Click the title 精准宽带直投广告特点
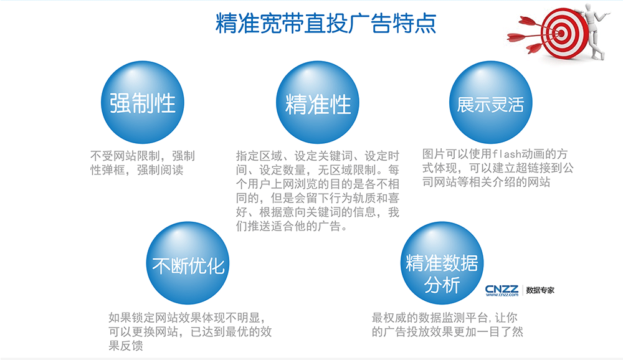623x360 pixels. tap(326, 23)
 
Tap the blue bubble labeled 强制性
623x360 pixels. tap(143, 102)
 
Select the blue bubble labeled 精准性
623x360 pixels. tap(318, 102)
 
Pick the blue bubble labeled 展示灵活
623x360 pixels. tap(491, 102)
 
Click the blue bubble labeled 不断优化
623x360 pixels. tap(188, 263)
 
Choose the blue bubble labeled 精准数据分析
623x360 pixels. tap(442, 263)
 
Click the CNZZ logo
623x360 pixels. tap(502, 290)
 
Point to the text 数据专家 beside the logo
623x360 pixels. tap(540, 290)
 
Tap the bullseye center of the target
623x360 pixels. tap(561, 34)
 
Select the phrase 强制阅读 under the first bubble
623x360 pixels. tap(160, 170)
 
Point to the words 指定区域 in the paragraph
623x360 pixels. tap(259, 156)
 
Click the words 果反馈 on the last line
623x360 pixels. tap(126, 346)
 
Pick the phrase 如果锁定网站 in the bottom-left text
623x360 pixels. tap(143, 318)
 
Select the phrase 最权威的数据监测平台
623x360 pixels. tap(430, 318)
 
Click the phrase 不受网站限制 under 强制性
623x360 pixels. tap(125, 156)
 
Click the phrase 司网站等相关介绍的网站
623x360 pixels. tap(486, 182)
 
